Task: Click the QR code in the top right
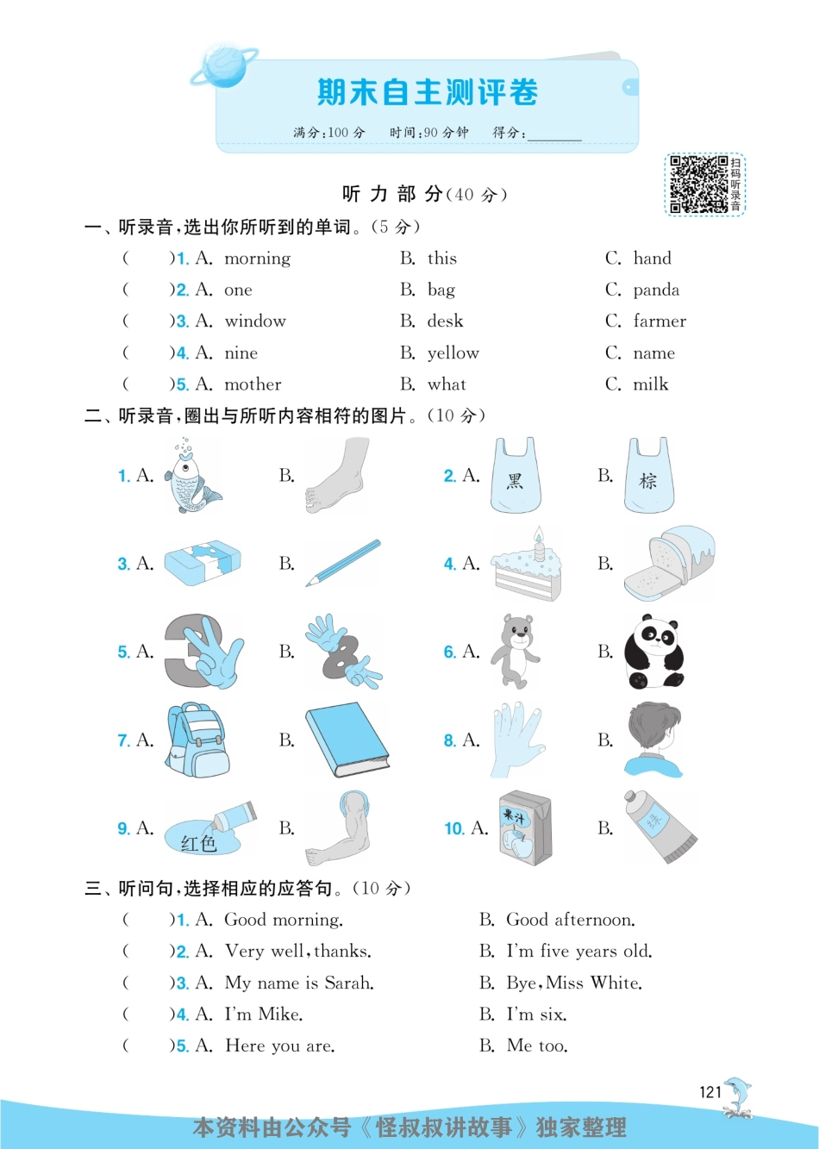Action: pos(698,184)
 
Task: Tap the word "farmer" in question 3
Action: pos(660,322)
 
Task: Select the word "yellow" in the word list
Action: pos(453,353)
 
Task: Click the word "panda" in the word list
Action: pos(656,290)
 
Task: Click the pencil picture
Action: pos(343,564)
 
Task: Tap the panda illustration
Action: pos(653,653)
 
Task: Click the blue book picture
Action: pos(346,740)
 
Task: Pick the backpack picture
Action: pos(197,740)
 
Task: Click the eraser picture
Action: pos(203,564)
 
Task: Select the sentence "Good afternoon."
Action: pos(571,921)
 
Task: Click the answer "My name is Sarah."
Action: pos(299,984)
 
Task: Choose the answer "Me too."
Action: pos(537,1046)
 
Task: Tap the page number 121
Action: pos(710,1092)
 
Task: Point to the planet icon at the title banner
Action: pos(223,66)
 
